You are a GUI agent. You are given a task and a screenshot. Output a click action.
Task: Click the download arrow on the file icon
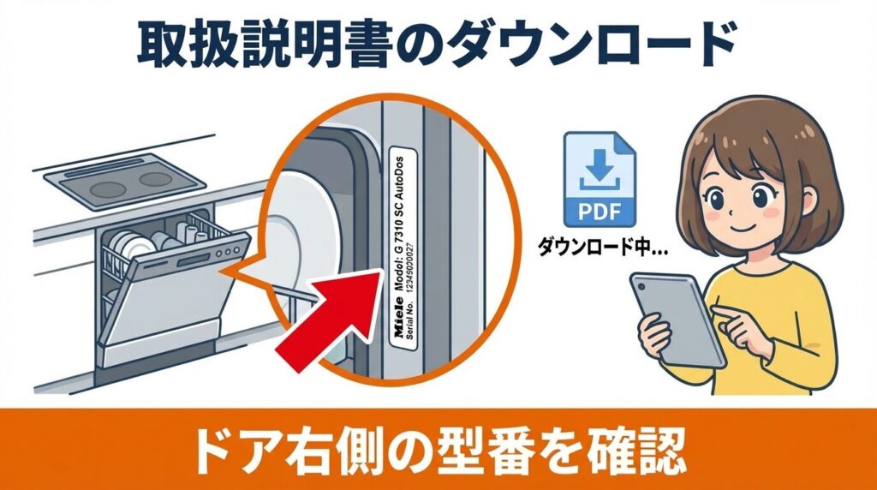[x=599, y=172]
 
